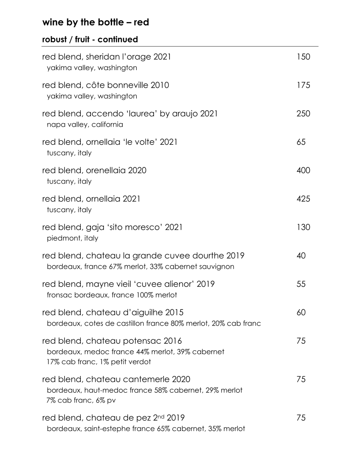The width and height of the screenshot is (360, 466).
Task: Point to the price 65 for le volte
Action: tap(301, 142)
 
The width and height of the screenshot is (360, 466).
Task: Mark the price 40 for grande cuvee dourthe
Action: tap(301, 256)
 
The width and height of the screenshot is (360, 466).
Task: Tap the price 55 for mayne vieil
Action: tap(301, 284)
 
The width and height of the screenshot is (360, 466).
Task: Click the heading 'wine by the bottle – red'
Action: tap(95, 22)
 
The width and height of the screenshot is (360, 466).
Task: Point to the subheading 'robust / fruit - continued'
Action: tap(90, 39)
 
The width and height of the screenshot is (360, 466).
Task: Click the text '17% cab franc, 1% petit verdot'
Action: tap(99, 362)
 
